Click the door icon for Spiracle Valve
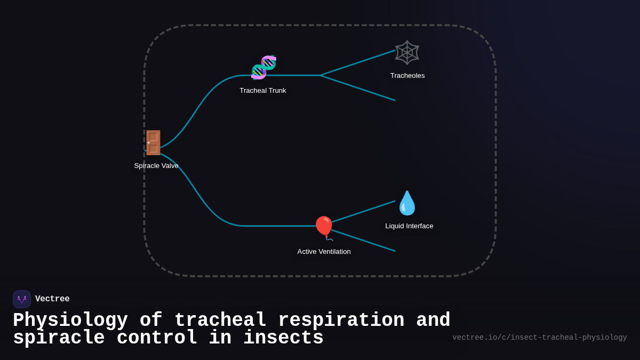(153, 143)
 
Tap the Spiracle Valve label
(156, 166)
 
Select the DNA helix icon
(263, 67)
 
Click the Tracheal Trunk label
(263, 91)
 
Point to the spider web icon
(407, 52)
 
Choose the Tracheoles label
(407, 76)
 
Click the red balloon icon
(324, 228)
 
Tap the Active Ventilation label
(324, 252)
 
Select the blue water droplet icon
(407, 203)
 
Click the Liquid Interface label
(409, 226)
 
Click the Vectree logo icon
(22, 299)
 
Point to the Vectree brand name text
(52, 299)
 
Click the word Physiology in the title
(70, 321)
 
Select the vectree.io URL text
(540, 338)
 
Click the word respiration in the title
(341, 321)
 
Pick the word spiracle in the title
(59, 338)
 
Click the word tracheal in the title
(220, 321)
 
